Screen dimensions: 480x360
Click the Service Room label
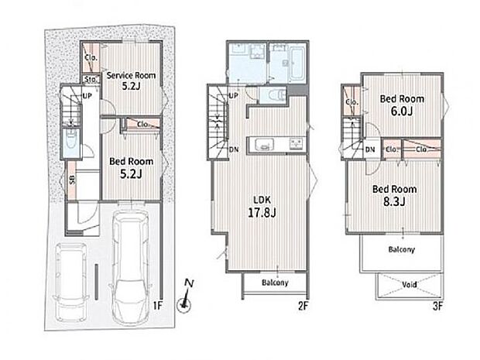131,81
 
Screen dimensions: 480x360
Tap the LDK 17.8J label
262,207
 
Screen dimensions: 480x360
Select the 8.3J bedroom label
394,195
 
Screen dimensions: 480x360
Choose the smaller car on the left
71,282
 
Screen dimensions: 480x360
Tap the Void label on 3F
410,285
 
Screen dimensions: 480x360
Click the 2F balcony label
275,283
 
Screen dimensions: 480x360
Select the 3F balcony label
401,249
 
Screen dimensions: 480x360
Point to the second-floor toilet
272,95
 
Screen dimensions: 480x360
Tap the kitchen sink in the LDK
264,144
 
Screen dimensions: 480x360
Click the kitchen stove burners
297,143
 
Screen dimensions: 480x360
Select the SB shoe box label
72,180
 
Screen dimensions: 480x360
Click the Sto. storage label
91,80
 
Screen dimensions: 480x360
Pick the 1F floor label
157,305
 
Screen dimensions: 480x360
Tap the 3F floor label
437,306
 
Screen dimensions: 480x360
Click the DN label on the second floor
234,149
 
